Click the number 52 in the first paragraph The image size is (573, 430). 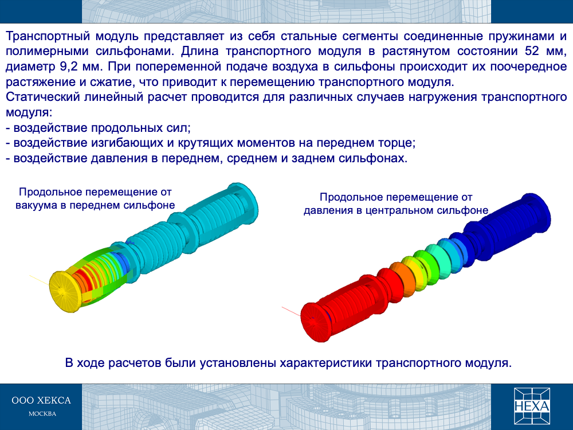point(532,51)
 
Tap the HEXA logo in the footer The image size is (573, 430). point(532,406)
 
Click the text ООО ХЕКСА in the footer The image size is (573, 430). point(41,400)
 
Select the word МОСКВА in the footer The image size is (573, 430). point(42,414)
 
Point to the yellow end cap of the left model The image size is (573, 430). point(64,291)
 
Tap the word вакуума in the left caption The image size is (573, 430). point(36,205)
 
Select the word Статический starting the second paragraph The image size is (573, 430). point(43,97)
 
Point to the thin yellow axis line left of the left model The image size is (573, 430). point(39,280)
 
